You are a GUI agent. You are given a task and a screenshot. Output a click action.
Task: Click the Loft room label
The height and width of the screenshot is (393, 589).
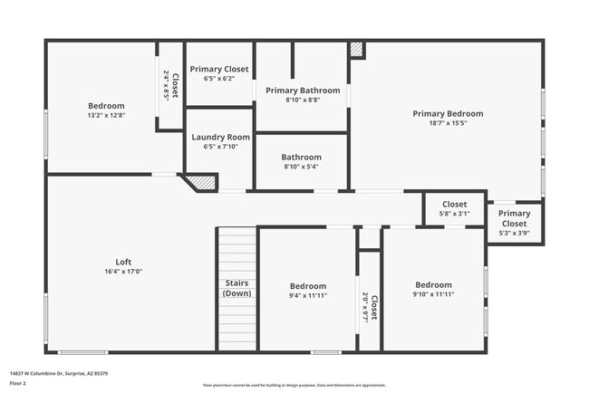click(123, 262)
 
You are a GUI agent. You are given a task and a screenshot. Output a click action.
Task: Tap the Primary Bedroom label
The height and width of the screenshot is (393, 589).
click(448, 114)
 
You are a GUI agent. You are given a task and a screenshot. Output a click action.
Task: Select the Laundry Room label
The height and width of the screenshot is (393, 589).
click(219, 137)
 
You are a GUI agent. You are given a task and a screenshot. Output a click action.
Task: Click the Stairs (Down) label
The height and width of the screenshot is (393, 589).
click(237, 288)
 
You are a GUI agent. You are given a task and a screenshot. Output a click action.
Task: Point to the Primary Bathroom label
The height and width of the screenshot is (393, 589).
click(303, 91)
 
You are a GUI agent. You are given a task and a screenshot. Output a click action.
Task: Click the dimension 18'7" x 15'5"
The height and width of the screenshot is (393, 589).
click(448, 124)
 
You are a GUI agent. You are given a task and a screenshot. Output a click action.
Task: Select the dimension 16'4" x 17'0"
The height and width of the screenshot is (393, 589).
click(123, 272)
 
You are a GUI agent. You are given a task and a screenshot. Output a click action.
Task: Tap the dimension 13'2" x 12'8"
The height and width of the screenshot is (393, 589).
click(106, 116)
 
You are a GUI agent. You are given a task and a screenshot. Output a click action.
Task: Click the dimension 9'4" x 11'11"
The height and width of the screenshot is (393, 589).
click(308, 296)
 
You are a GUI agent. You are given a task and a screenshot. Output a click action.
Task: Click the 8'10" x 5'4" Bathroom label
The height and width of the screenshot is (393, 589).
click(301, 156)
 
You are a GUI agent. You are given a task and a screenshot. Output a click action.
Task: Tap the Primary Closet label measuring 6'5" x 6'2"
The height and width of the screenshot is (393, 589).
click(219, 69)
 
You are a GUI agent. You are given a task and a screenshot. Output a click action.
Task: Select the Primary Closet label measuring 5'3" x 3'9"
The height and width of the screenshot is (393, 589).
click(514, 218)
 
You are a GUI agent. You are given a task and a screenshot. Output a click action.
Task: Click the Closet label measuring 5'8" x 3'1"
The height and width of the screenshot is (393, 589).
click(454, 205)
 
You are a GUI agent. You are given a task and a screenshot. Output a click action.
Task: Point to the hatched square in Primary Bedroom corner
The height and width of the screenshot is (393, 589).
click(357, 50)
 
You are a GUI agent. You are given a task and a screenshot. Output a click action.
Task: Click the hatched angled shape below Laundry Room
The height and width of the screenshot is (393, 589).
click(203, 183)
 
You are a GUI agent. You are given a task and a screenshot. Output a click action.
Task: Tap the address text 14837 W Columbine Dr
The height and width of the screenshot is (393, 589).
click(58, 373)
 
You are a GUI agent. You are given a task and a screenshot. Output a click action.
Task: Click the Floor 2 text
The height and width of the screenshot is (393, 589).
click(19, 383)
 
